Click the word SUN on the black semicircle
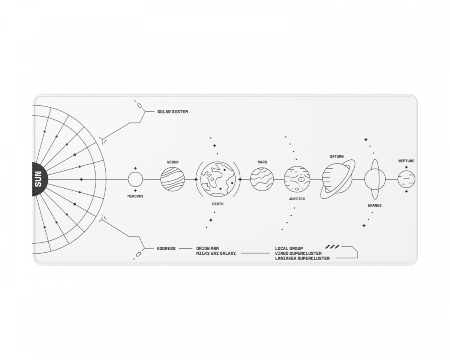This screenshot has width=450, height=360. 38,179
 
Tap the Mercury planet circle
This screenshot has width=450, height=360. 135,179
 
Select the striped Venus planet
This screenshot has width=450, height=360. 172,179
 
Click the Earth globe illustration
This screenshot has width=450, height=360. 217,179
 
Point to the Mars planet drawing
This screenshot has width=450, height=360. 262,179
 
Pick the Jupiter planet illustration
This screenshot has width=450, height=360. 297,179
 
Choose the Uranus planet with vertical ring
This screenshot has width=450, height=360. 375,179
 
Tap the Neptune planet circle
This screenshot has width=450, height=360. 406,179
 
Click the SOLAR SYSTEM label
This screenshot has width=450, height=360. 172,112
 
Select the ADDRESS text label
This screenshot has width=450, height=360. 166,248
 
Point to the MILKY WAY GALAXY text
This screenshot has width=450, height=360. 216,253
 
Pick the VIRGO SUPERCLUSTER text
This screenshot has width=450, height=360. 298,253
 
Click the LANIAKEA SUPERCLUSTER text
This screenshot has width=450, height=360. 302,258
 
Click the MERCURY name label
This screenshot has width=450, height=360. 135,196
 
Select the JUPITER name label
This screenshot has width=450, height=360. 297,199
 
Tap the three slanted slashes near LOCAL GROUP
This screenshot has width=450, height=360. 332,247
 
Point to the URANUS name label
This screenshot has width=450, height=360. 375,205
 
